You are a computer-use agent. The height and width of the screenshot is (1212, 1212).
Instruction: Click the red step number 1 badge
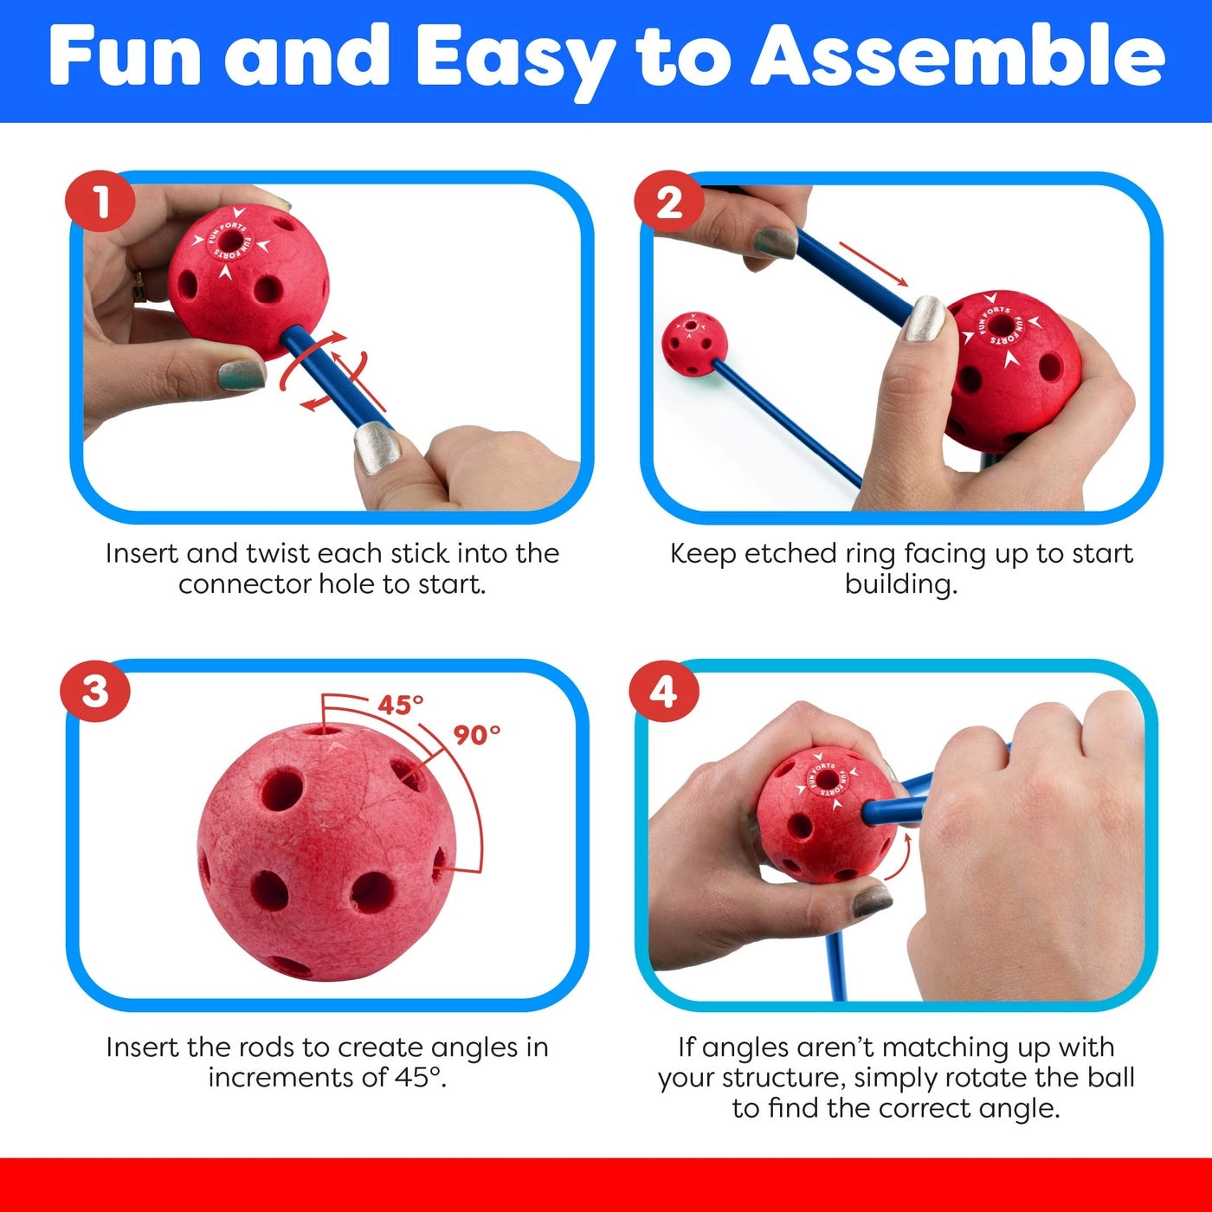click(100, 203)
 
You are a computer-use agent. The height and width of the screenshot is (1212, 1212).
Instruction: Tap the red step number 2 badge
click(669, 203)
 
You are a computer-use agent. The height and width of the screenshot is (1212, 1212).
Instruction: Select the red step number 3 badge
click(95, 692)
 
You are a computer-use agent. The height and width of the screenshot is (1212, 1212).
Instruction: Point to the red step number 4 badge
click(663, 692)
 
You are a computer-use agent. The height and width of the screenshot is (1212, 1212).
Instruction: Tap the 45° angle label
click(400, 705)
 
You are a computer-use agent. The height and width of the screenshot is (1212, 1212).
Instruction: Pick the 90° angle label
click(477, 735)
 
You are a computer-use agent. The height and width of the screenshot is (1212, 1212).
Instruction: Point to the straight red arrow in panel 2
click(873, 263)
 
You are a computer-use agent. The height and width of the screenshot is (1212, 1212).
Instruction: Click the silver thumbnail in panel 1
click(377, 448)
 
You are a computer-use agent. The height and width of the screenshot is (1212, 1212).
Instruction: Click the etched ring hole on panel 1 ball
click(231, 240)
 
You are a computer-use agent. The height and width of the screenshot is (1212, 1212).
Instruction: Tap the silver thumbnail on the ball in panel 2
click(925, 318)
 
